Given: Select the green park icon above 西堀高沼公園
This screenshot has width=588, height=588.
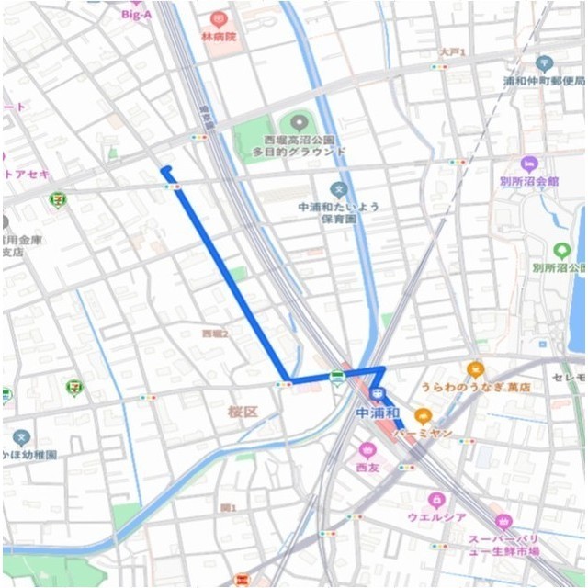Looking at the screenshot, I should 298,122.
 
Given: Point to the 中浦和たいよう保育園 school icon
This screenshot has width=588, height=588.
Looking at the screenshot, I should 338,190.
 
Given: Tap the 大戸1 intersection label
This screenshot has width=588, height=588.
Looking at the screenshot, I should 452,52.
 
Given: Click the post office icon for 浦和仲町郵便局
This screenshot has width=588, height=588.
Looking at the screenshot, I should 544,63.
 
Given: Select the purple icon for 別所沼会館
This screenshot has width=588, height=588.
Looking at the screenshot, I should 528,164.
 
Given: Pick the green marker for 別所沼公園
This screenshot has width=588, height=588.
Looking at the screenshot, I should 562,250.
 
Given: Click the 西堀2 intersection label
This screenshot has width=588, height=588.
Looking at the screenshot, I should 214,334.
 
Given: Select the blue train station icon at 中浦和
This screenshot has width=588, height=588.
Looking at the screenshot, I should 376,394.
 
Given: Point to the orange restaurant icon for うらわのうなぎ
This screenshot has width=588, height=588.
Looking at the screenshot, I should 475,369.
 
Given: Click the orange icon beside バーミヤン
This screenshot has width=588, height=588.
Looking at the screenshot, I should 423,415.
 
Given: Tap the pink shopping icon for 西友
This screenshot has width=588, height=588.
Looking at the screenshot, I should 367,450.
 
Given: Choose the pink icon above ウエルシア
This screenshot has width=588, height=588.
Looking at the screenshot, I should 436,500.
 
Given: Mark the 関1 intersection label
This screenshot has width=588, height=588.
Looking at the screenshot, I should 228,508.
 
